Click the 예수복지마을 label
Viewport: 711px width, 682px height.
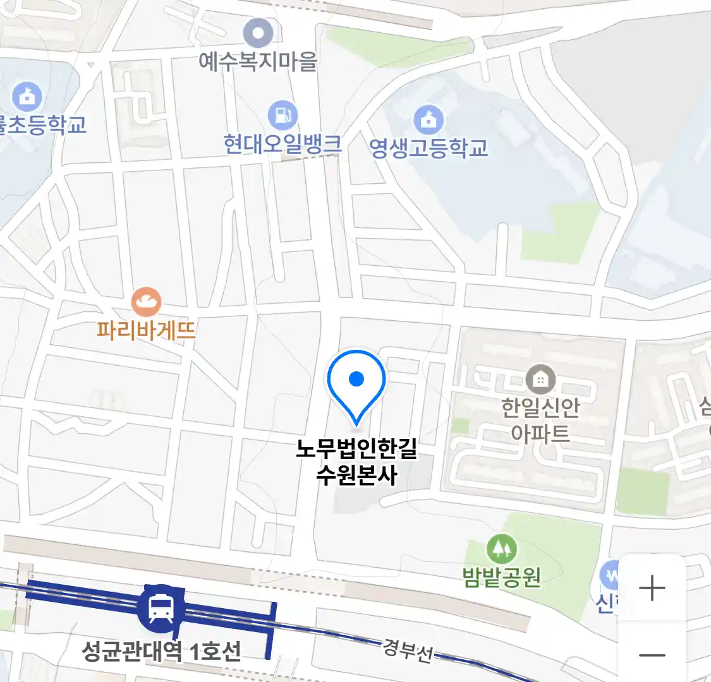[258, 61]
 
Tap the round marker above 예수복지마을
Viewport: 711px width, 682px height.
[258, 33]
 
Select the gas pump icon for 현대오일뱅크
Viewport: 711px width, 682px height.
[283, 116]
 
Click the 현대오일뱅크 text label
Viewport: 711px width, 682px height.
[283, 145]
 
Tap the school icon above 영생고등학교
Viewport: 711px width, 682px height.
[428, 119]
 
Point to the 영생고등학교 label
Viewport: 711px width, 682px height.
[428, 148]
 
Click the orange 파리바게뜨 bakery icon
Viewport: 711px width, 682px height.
[146, 302]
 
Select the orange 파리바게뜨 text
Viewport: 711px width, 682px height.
[146, 330]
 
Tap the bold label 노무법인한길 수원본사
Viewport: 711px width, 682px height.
[356, 462]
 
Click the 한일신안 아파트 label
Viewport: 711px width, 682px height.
[540, 420]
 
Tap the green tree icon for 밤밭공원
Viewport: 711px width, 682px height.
[502, 549]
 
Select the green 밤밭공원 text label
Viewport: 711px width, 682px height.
[502, 577]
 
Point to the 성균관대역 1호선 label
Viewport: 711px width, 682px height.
[162, 650]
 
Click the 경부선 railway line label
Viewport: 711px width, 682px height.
[408, 650]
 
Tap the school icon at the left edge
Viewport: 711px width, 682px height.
[27, 97]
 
